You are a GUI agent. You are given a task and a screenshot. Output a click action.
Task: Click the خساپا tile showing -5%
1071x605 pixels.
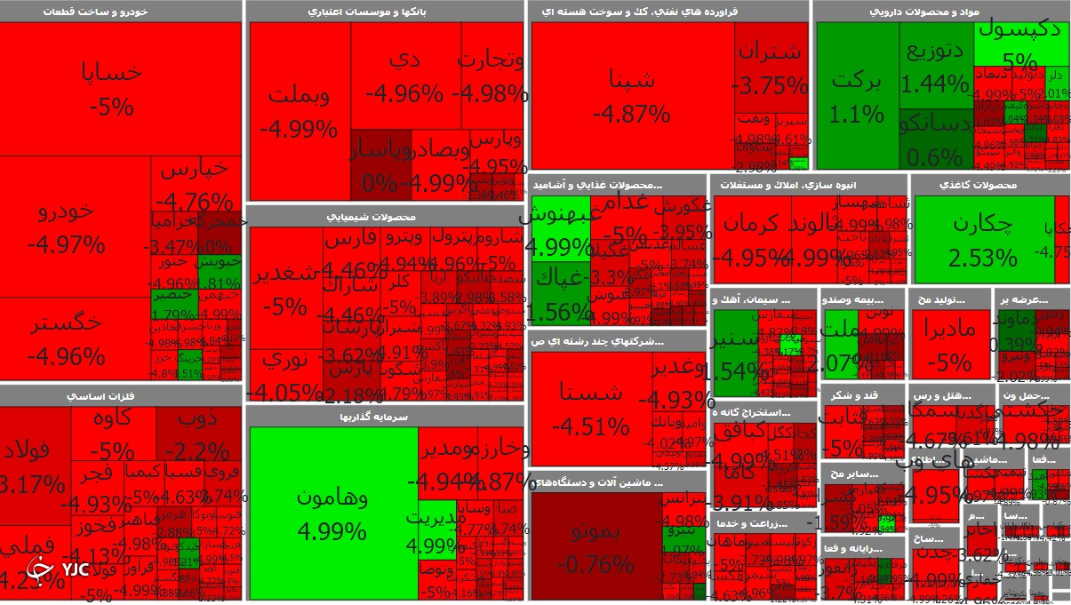(111, 89)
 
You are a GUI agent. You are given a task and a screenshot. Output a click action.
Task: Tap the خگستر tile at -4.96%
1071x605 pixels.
(67, 339)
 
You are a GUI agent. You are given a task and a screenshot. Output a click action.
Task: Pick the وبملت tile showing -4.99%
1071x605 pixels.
(299, 111)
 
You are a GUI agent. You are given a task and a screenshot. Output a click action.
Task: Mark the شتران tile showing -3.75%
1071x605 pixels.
(770, 67)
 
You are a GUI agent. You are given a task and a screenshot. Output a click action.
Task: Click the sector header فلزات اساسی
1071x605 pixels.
(122, 395)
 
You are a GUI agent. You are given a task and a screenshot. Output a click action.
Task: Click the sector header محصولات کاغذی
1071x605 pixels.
(989, 185)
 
